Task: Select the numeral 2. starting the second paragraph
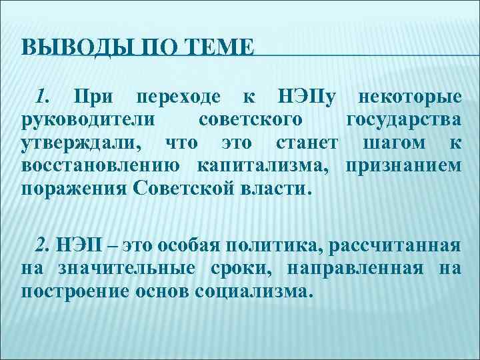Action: tap(44, 245)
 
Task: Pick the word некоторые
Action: tap(409, 97)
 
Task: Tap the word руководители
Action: tap(89, 120)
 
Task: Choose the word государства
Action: tap(403, 120)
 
